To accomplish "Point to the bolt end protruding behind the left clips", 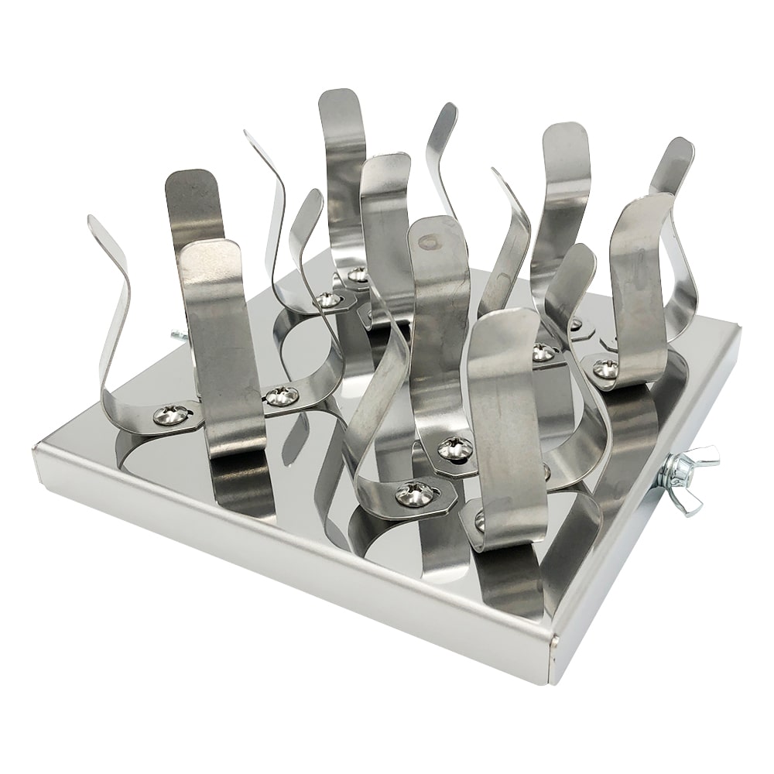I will click(x=177, y=334).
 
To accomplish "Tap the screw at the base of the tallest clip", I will click(x=357, y=274).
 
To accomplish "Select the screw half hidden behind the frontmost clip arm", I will click(x=480, y=521).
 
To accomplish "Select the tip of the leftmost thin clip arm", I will click(x=92, y=220).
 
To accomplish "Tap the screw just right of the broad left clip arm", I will click(x=282, y=397).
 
